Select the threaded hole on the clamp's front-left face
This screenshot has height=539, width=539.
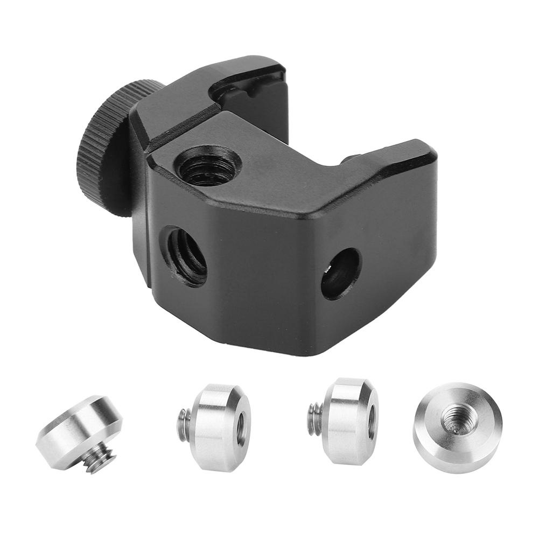[186, 255]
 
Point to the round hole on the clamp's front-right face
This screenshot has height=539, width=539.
[341, 274]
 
